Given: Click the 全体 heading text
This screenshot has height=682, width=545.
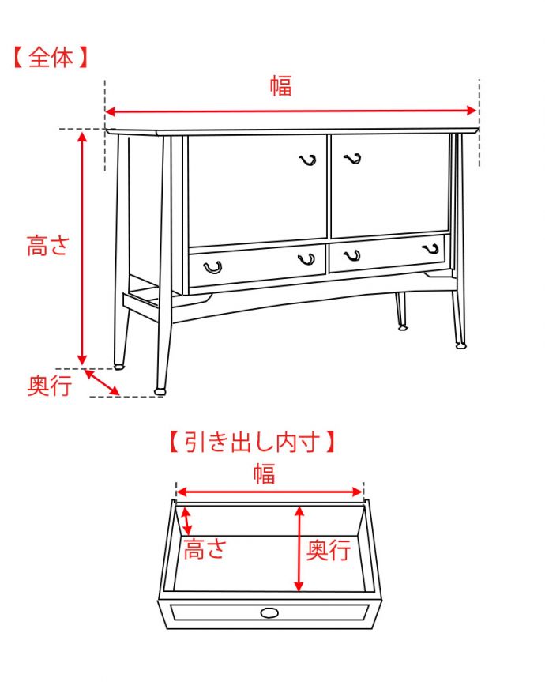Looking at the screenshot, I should [x=50, y=58].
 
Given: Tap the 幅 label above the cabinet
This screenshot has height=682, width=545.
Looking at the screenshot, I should [x=280, y=86].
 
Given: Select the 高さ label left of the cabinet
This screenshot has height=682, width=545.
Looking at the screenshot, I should [x=48, y=245].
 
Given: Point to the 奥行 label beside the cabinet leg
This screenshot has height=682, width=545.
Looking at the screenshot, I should [x=50, y=386].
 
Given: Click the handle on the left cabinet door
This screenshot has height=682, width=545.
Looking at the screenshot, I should [x=308, y=161].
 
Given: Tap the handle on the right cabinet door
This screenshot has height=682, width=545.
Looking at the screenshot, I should [x=352, y=159].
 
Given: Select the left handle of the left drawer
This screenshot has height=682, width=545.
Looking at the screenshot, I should [x=212, y=267].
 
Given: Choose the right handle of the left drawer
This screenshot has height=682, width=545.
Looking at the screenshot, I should [x=306, y=259].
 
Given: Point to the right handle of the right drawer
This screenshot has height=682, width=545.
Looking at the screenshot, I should [x=431, y=249].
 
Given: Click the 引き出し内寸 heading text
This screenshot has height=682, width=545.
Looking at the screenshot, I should [x=252, y=441].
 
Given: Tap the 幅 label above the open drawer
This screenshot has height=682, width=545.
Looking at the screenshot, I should [x=265, y=473].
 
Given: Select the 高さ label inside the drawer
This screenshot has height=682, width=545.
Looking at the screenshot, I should [x=204, y=548].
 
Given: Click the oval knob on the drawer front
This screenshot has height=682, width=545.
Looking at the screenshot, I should [x=269, y=612].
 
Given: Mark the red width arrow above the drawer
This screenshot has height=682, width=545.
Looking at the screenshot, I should [x=269, y=492].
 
